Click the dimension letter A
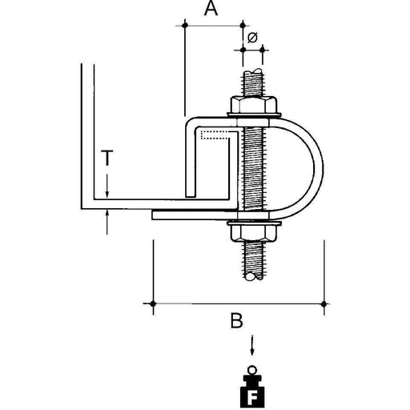click(211, 8)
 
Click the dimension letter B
click(236, 320)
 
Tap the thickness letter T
click(107, 158)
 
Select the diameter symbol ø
click(252, 38)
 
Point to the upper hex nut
click(253, 105)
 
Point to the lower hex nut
click(252, 231)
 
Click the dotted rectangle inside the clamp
click(215, 135)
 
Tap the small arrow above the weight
click(252, 346)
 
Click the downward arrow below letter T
click(107, 186)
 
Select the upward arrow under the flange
click(107, 222)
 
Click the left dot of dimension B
click(153, 303)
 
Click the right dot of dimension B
click(324, 303)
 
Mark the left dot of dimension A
click(185, 26)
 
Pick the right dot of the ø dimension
click(263, 50)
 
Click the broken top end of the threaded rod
click(254, 72)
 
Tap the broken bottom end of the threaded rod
click(254, 276)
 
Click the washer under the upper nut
click(254, 115)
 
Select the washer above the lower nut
click(254, 223)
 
